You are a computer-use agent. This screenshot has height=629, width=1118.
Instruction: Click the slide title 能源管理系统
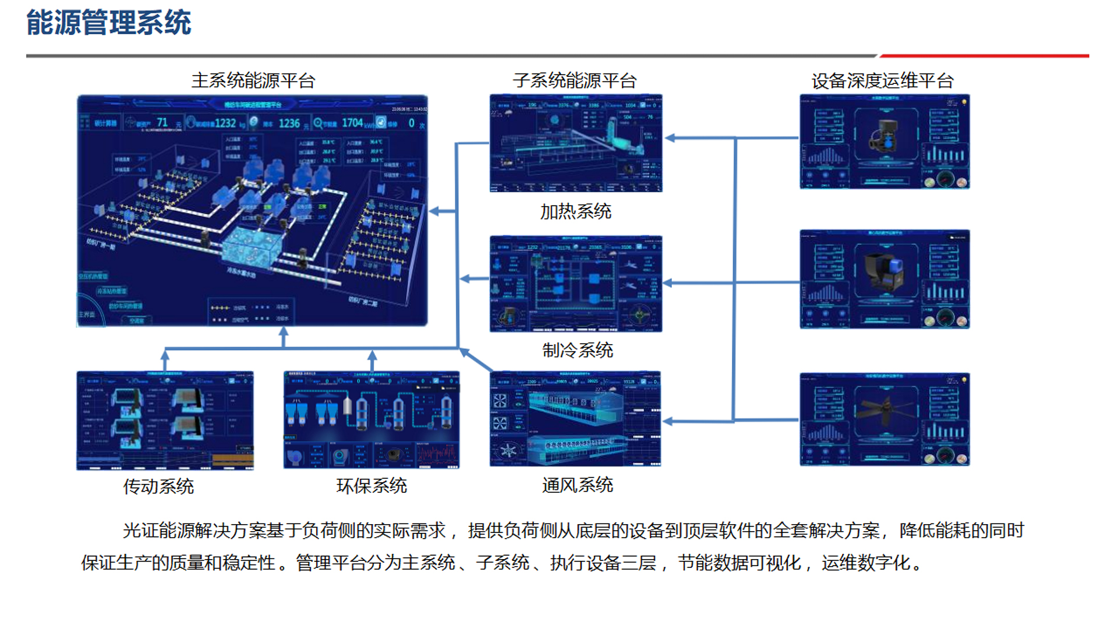tap(108, 23)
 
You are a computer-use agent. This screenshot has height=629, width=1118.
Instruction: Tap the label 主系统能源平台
tap(253, 80)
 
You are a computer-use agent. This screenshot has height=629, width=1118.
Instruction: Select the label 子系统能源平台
tap(575, 80)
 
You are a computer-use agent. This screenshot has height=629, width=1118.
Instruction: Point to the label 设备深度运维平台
tap(883, 81)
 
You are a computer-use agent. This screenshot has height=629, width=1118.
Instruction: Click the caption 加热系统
tap(575, 211)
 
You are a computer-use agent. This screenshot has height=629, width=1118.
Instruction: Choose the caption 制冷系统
tap(577, 350)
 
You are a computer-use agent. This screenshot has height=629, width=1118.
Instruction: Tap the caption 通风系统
tap(577, 485)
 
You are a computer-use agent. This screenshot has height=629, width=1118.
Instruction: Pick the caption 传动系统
tap(158, 486)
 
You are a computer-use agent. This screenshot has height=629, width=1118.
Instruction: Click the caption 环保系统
tap(372, 486)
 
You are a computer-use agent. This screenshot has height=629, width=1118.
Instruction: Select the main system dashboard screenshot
tap(252, 210)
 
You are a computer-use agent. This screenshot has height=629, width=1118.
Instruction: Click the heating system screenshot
tap(575, 143)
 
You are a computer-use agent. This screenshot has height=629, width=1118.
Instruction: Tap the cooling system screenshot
tap(575, 284)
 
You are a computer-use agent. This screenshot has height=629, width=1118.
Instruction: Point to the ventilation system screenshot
tap(575, 419)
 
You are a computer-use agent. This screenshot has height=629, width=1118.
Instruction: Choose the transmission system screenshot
tap(165, 420)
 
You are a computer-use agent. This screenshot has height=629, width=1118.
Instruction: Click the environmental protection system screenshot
tap(372, 419)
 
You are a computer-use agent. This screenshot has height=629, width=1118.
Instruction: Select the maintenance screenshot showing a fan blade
tap(885, 419)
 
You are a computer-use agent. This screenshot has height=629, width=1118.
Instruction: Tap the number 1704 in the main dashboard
tap(352, 123)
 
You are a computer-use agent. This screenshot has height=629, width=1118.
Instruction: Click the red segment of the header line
tap(984, 56)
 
